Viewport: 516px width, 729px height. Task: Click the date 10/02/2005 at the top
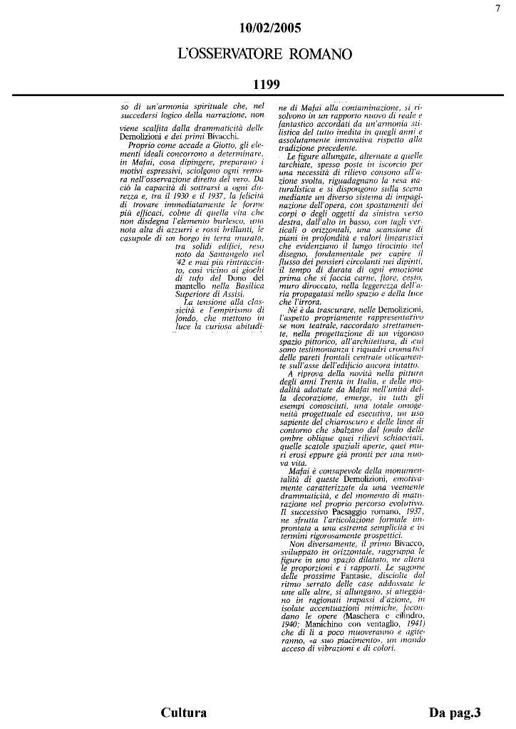pyautogui.click(x=270, y=28)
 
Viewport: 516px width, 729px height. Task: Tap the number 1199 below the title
pyautogui.click(x=265, y=85)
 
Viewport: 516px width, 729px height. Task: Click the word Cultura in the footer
pyautogui.click(x=184, y=713)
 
